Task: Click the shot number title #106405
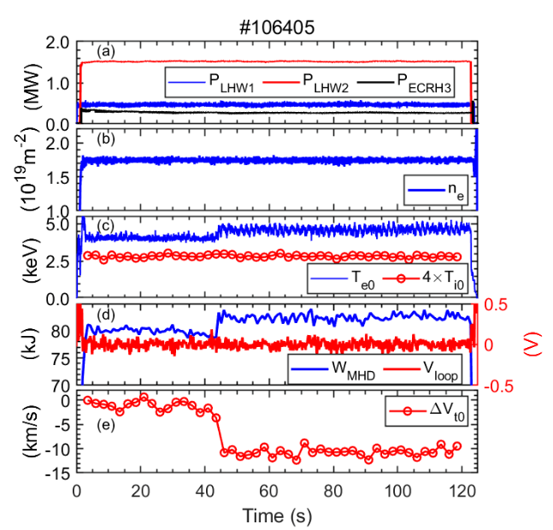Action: click(275, 26)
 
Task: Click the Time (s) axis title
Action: click(275, 515)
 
